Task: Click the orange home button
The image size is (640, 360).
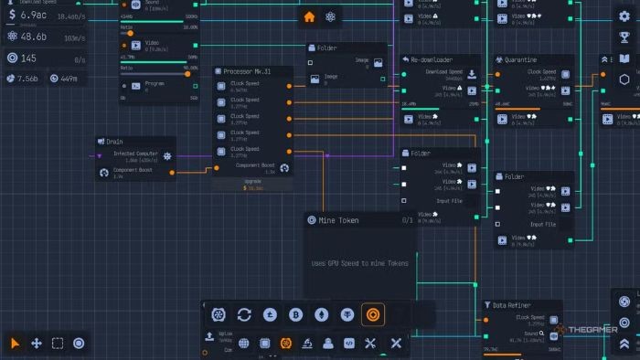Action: (x=309, y=16)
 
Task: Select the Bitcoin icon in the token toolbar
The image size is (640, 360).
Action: (x=295, y=314)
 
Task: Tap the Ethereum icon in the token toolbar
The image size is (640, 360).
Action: (x=322, y=314)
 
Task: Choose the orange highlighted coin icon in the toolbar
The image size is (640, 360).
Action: (x=373, y=314)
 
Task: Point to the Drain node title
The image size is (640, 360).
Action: (x=114, y=142)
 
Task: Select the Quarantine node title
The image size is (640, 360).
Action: (x=529, y=60)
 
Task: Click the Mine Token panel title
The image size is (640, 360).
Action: (x=339, y=220)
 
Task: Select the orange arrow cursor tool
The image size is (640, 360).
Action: (x=16, y=343)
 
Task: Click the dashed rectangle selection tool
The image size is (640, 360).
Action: (x=58, y=343)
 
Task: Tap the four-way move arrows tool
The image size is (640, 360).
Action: (x=37, y=343)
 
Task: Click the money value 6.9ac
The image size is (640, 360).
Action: (x=34, y=16)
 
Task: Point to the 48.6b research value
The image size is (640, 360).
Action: (x=34, y=37)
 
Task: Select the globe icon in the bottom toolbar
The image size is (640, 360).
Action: (x=244, y=343)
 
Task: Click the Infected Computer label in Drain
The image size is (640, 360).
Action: (x=135, y=154)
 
